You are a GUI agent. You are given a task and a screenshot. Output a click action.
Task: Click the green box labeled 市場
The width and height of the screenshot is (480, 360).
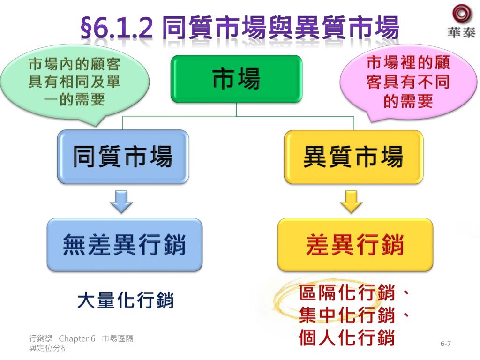(236, 79)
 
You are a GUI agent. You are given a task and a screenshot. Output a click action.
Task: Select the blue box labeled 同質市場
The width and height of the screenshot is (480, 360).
(123, 157)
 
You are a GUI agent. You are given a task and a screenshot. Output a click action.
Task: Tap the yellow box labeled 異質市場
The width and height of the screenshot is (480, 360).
(353, 157)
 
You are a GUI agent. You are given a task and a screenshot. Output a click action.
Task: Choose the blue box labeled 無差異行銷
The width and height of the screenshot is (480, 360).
(124, 245)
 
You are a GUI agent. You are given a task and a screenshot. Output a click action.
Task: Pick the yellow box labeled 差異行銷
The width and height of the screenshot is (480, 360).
(355, 245)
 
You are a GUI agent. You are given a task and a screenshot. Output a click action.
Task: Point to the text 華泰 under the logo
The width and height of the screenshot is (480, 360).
(461, 32)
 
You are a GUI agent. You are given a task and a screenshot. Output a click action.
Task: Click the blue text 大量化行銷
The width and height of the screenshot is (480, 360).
(125, 300)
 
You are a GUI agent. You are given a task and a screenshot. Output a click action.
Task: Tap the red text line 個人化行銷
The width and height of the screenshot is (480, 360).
(347, 337)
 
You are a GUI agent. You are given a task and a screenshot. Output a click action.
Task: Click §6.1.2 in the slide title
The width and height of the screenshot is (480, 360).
(117, 29)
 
